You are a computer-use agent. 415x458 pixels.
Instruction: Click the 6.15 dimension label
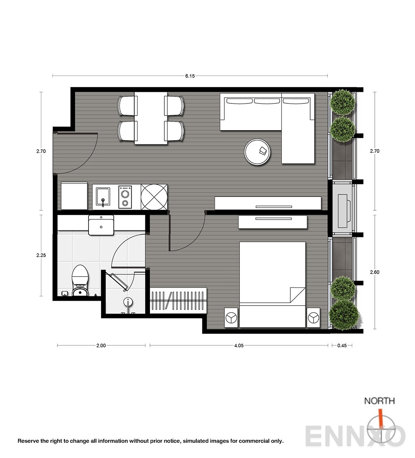coord(190,76)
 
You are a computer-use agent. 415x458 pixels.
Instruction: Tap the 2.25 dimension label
coord(41,255)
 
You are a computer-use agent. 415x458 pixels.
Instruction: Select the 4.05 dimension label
coord(239,346)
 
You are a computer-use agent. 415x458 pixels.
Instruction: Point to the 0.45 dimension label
coord(342,346)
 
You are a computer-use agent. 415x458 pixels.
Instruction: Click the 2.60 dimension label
coord(374,272)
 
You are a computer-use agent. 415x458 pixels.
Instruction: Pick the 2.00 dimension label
coord(101,346)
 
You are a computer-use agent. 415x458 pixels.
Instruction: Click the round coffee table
coord(257,152)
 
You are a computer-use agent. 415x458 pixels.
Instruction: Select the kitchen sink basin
coord(103,197)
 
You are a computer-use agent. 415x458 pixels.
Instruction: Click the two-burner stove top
coord(125,197)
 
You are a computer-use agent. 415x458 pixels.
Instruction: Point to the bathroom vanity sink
coord(101,225)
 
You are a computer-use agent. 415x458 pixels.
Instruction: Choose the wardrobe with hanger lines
coord(178,300)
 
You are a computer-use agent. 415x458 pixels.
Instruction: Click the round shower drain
coord(128,302)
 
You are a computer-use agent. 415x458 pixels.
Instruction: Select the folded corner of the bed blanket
coord(297,295)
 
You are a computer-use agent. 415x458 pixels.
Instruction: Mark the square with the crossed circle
coord(154,197)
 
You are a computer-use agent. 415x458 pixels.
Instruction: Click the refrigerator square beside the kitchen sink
coord(74,196)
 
